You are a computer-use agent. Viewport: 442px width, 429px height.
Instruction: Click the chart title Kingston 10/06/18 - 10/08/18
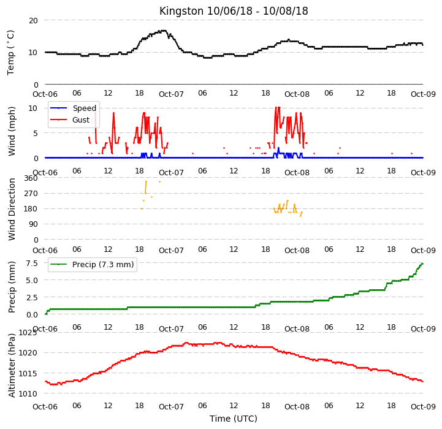[234, 11]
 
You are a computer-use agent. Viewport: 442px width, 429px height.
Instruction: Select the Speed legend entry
[74, 108]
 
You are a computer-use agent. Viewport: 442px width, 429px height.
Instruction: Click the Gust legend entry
[70, 120]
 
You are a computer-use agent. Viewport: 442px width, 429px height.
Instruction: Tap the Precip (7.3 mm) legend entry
[92, 264]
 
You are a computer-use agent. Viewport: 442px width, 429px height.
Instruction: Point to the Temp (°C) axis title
[10, 53]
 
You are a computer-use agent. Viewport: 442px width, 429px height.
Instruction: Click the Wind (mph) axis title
[11, 131]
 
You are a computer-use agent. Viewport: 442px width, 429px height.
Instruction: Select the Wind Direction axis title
[11, 209]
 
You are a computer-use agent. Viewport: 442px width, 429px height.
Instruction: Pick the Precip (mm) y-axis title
[11, 287]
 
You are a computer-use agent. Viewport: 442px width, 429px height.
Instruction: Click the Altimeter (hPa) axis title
[11, 366]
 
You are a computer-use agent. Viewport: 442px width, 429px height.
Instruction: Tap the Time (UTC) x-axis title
[234, 419]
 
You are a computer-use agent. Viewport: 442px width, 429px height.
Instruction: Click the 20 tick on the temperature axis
[33, 21]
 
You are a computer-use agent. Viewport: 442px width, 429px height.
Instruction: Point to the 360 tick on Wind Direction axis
[31, 178]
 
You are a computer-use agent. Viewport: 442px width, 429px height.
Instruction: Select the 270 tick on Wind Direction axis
[31, 194]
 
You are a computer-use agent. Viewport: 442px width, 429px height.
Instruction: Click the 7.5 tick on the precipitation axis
[32, 264]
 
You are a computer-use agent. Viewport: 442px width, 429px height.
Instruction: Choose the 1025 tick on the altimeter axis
[28, 333]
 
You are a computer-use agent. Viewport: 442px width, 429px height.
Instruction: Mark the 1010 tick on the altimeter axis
[28, 394]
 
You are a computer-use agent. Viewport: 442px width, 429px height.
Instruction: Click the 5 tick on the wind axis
[36, 134]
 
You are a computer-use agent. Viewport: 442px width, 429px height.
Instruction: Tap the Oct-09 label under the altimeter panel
[423, 407]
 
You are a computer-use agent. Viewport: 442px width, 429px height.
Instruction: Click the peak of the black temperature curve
[162, 31]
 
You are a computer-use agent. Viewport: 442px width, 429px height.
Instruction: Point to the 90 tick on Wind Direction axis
[33, 224]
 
